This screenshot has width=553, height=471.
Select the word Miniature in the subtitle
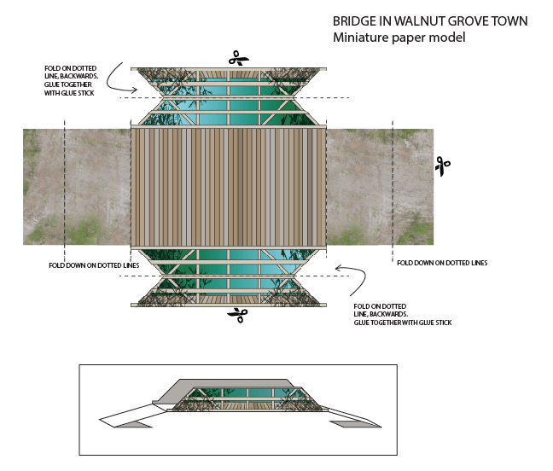[x=362, y=38]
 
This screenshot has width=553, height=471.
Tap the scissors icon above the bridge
[x=238, y=59]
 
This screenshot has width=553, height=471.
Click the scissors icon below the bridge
[x=236, y=315]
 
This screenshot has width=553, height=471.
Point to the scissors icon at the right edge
[x=441, y=166]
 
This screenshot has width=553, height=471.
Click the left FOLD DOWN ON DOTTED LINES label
[x=95, y=265]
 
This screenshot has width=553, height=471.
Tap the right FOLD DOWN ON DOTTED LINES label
[x=442, y=263]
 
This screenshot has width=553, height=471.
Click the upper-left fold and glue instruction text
[x=72, y=80]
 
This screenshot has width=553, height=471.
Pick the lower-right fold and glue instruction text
[x=402, y=314]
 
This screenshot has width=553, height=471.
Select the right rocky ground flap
[x=380, y=187]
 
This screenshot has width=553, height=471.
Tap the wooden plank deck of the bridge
[x=229, y=187]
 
